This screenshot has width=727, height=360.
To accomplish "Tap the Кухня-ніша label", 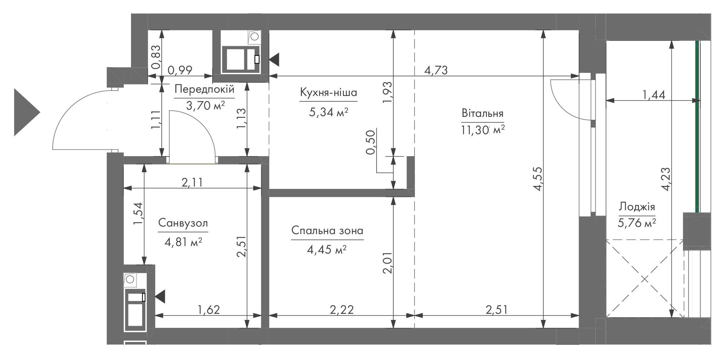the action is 328,92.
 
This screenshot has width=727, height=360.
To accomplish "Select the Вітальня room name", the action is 482,113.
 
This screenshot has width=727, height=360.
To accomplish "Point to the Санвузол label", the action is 183,223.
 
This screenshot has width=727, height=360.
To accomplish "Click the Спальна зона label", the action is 327,231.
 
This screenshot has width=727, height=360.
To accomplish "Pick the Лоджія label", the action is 637,207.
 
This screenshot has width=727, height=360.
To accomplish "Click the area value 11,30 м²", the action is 482,130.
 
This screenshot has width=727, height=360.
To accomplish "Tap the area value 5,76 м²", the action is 637,223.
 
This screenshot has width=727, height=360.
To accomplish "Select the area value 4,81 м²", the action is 183,241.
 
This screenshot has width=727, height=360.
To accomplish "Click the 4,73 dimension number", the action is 436,70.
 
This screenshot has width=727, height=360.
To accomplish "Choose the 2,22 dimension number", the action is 342,309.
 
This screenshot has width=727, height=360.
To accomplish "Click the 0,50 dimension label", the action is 371,142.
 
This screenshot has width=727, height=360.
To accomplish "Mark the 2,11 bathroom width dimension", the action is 192,183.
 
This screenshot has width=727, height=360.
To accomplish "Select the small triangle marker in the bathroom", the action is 161,297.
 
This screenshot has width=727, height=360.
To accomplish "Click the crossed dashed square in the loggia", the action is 645,278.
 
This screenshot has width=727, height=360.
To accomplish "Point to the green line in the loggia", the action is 697,127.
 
